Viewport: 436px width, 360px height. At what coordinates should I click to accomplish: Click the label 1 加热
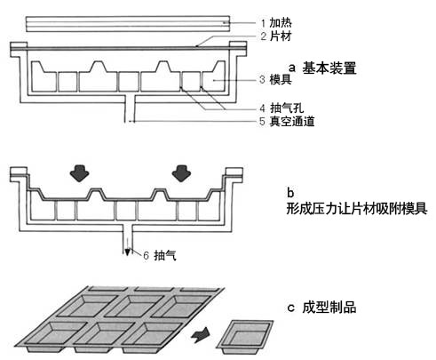(x=276, y=23)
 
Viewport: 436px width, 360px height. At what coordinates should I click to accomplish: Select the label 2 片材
(x=276, y=36)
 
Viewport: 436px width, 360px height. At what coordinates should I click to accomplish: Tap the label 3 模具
(x=275, y=79)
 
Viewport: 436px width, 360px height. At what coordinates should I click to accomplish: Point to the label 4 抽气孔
(x=281, y=108)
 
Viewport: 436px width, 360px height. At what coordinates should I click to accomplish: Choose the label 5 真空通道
(x=287, y=122)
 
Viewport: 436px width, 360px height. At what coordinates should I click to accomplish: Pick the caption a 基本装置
(x=322, y=68)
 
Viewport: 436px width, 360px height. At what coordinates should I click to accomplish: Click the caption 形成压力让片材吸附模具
(x=357, y=208)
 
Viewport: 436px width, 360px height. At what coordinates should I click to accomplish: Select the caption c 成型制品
(x=321, y=308)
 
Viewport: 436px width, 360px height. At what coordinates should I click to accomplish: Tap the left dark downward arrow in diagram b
(x=79, y=173)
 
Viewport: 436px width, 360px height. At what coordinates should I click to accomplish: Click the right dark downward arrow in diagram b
(x=181, y=173)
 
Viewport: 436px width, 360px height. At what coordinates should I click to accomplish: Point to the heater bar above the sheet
(x=128, y=24)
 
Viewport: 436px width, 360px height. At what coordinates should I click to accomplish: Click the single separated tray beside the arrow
(x=245, y=337)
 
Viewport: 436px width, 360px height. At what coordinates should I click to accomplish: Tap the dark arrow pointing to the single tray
(x=201, y=336)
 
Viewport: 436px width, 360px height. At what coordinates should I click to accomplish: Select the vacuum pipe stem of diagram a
(x=130, y=108)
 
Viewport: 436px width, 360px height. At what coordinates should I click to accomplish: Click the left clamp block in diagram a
(x=19, y=49)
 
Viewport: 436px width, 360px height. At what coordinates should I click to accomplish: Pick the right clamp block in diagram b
(x=234, y=175)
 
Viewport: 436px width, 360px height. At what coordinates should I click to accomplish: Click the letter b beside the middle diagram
(x=290, y=193)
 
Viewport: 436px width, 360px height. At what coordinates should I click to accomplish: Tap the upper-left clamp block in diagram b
(x=19, y=174)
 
